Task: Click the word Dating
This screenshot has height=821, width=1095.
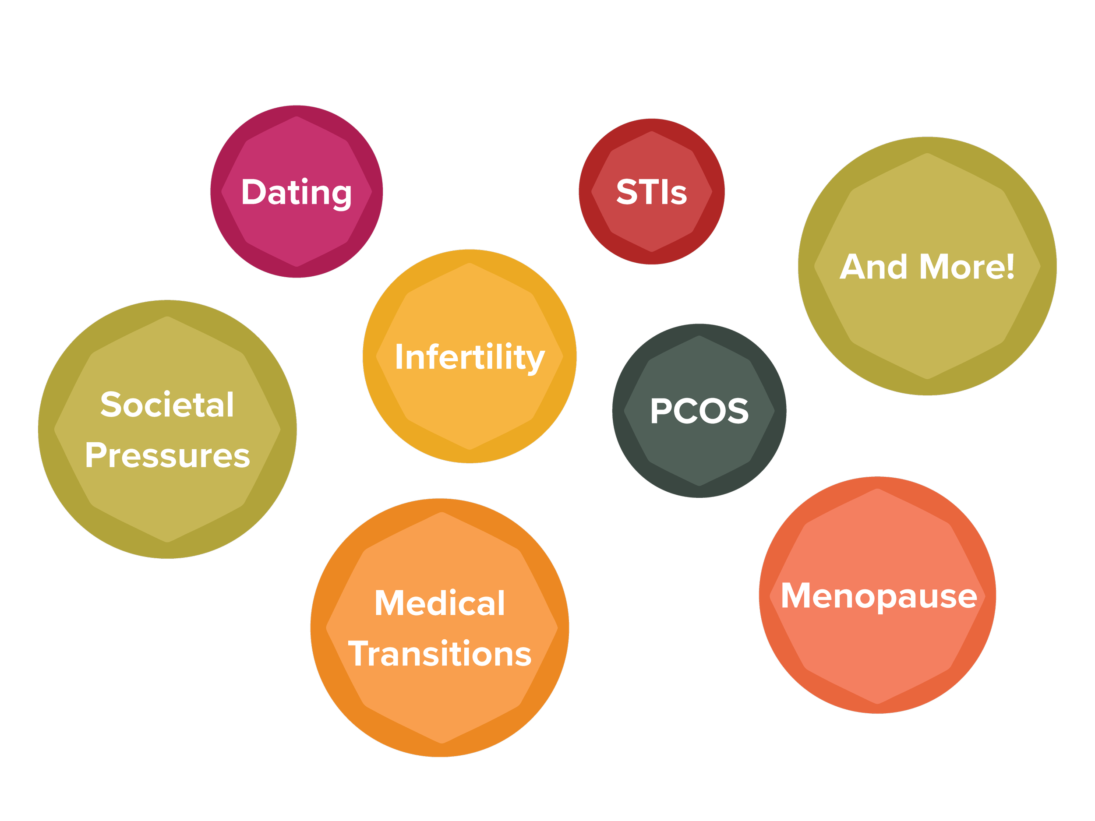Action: click(296, 192)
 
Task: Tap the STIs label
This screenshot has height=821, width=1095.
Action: click(651, 192)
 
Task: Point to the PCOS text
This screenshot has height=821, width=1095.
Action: click(699, 411)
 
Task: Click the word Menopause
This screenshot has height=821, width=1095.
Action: click(879, 596)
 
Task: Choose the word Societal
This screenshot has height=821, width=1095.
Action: click(167, 405)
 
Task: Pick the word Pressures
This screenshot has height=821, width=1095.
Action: click(167, 455)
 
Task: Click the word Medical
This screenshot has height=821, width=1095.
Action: click(440, 603)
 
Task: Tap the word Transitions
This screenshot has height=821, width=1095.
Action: click(440, 654)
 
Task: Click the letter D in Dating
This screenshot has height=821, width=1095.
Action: click(254, 192)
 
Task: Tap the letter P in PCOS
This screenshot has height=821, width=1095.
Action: click(661, 411)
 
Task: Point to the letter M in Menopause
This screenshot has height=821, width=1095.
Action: click(798, 596)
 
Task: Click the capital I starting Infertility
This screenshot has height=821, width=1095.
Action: click(399, 357)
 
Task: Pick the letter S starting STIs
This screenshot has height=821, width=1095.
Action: click(627, 192)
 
